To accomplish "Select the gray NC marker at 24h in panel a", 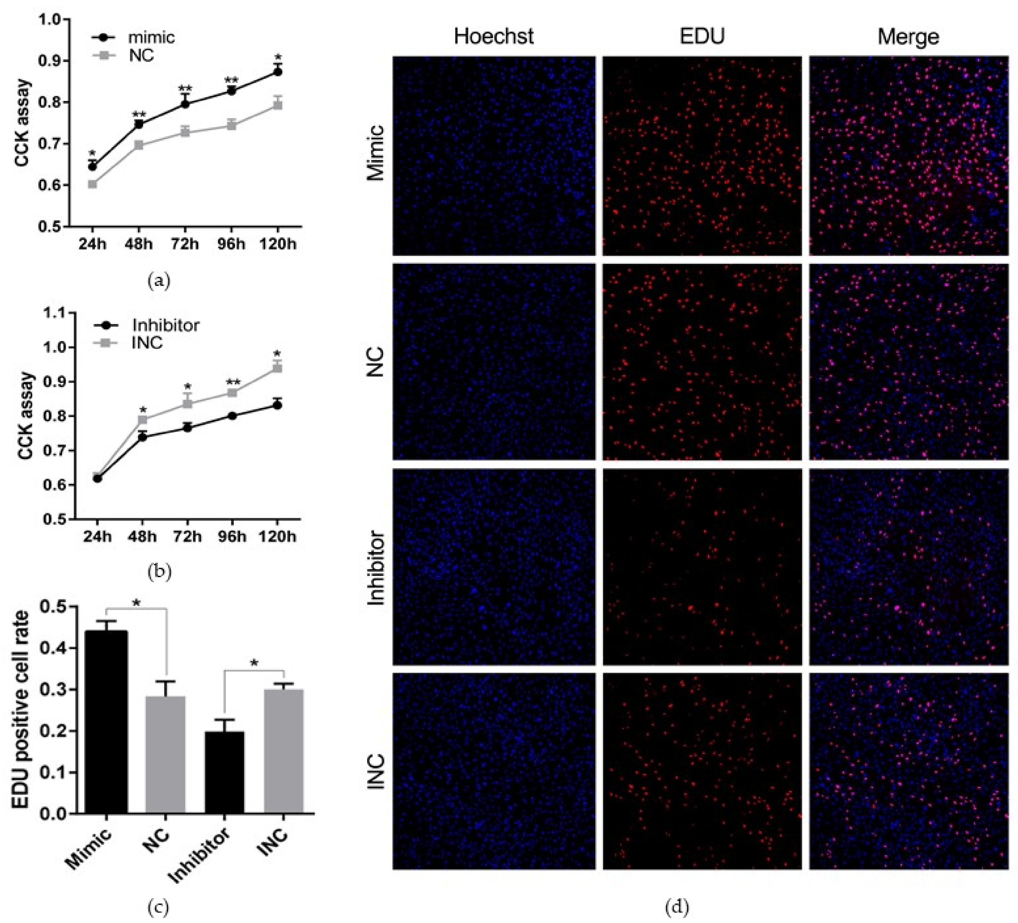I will (92, 184).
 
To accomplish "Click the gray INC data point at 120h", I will (277, 368).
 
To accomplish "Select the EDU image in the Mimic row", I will (702, 156).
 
